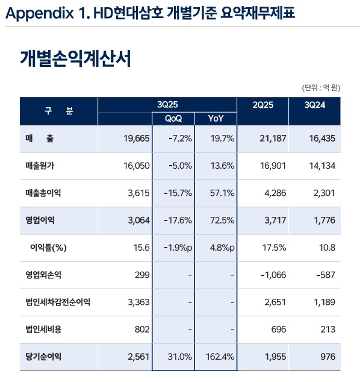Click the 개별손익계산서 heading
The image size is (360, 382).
pyautogui.click(x=75, y=59)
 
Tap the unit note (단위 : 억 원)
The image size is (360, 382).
pyautogui.click(x=321, y=87)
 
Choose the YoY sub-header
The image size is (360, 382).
pyautogui.click(x=216, y=118)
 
